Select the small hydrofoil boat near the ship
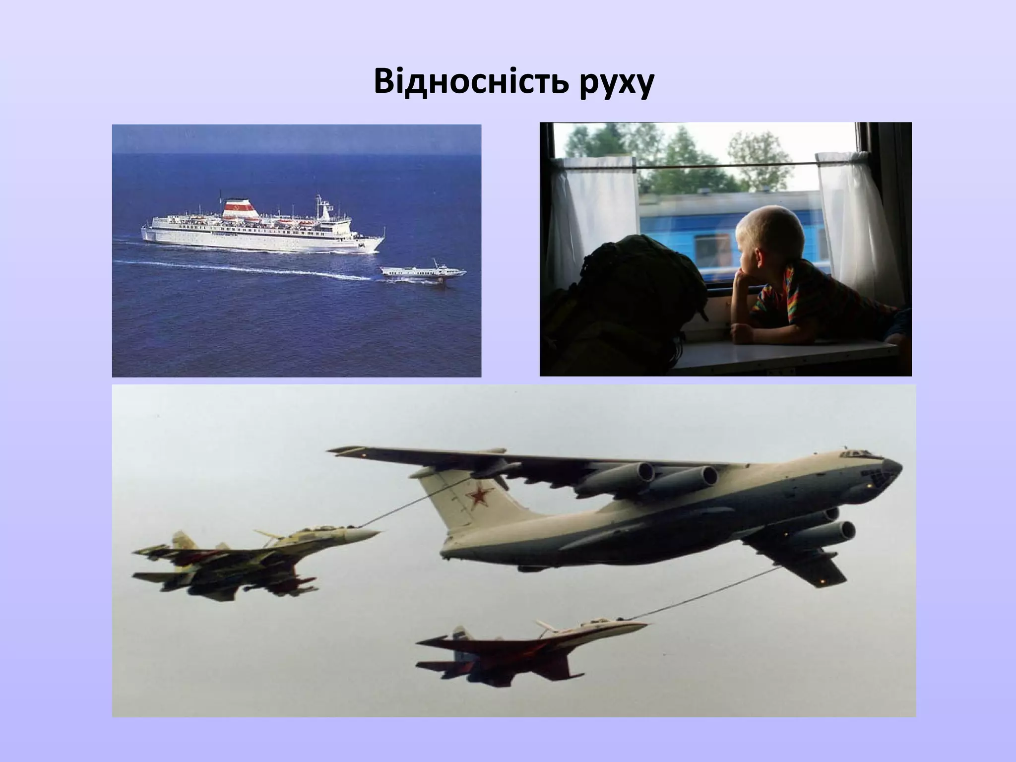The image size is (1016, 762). point(423,272)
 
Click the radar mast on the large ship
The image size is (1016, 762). point(322,206)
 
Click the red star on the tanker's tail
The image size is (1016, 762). point(477,497)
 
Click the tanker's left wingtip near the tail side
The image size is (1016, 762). point(342,450)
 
